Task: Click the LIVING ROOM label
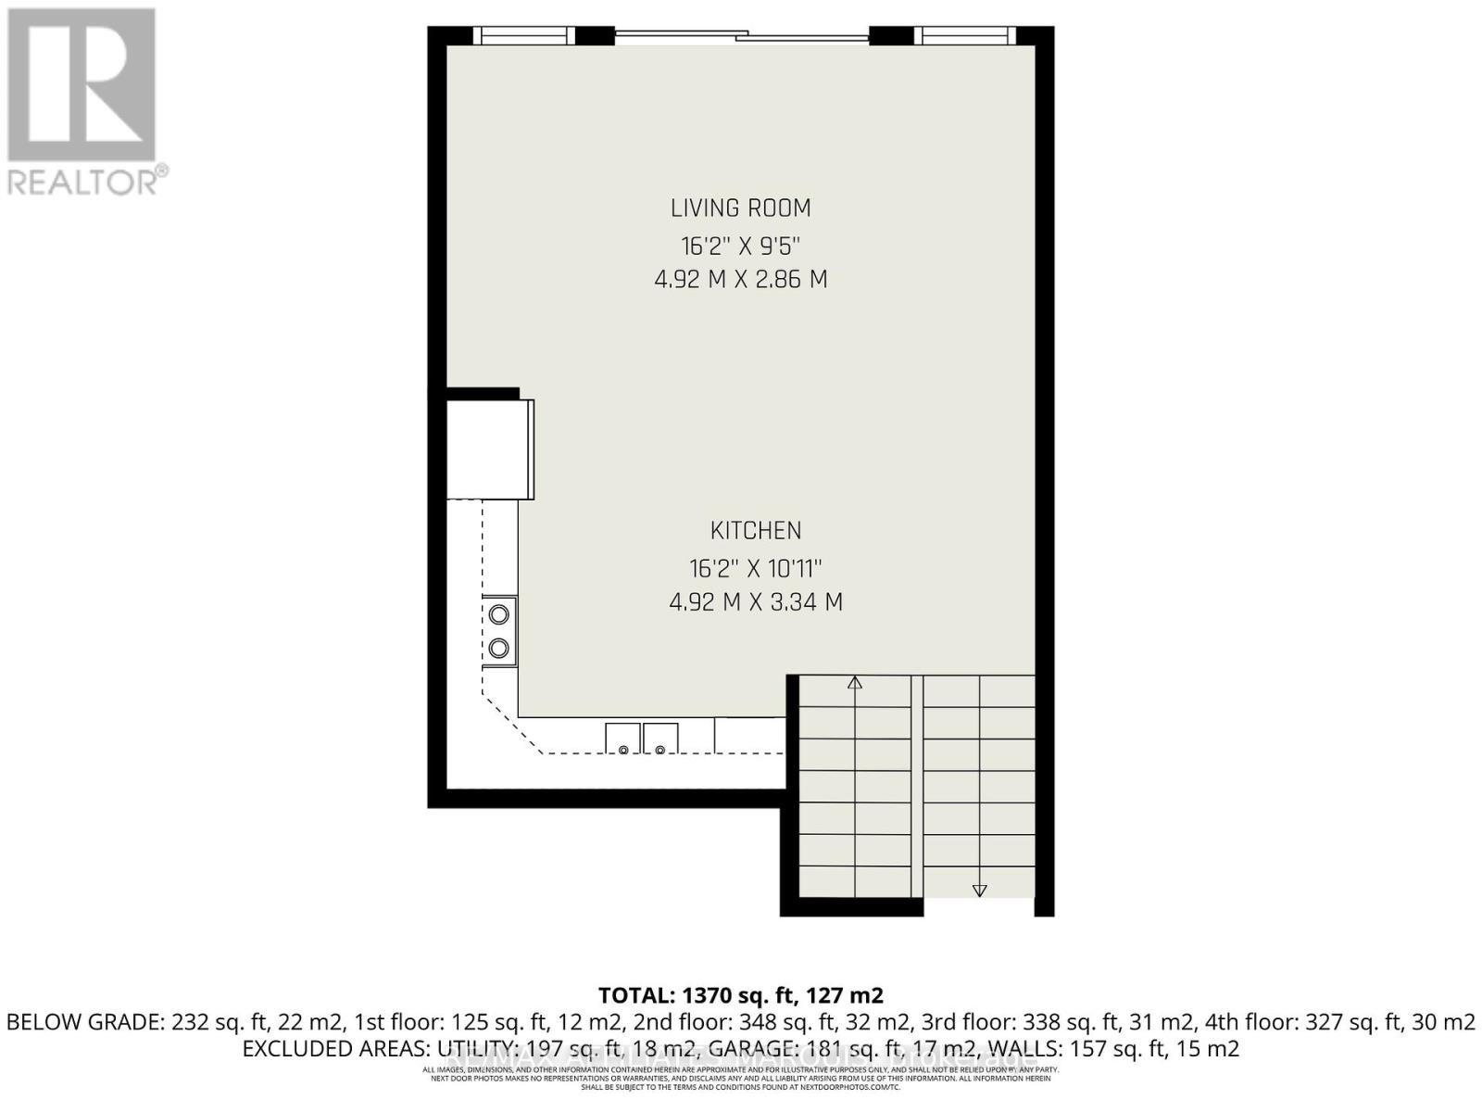tap(740, 208)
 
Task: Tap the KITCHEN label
tap(756, 531)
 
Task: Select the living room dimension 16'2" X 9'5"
tap(740, 246)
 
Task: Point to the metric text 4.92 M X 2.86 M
tap(740, 279)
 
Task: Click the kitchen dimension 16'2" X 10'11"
tap(756, 568)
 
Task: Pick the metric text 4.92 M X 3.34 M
tap(756, 602)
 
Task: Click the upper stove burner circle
tap(499, 614)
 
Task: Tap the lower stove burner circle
tap(499, 649)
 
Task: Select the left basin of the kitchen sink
tap(622, 739)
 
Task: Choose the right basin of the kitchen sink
tap(660, 739)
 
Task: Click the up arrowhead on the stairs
tap(855, 684)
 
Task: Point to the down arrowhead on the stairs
tap(979, 891)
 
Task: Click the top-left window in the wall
tap(525, 36)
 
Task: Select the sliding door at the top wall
tap(742, 37)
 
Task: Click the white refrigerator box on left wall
tap(489, 449)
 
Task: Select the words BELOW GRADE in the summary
tap(84, 1023)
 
